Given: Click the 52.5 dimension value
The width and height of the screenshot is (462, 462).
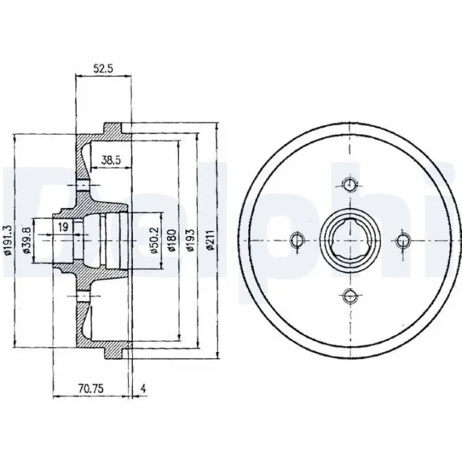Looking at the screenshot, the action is [x=103, y=69].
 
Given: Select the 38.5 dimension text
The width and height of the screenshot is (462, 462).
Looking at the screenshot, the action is [x=111, y=160].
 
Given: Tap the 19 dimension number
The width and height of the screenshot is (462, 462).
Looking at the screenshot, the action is [x=63, y=227].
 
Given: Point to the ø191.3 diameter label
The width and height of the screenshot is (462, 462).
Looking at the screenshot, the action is [x=7, y=240].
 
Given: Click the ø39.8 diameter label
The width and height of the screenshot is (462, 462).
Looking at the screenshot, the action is [x=26, y=240].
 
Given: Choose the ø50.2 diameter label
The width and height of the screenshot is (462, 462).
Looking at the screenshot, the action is [x=154, y=241].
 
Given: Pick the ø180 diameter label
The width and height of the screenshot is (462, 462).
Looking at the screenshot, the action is [x=172, y=241].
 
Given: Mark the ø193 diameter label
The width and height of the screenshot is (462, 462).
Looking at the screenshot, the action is [x=191, y=240].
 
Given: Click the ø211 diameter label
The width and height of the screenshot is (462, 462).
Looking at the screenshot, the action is [x=210, y=240].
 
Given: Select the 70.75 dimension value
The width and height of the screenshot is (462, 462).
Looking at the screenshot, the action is [x=91, y=389].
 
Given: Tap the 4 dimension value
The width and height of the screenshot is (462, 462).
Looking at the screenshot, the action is [x=143, y=389].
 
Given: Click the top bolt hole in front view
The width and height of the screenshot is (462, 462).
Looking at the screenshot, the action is [x=350, y=184].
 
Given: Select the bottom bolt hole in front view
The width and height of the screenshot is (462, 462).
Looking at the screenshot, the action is [x=350, y=296].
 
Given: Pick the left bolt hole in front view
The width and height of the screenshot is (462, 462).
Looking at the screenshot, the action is [x=297, y=240].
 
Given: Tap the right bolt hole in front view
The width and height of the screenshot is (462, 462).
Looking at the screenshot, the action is [x=403, y=240].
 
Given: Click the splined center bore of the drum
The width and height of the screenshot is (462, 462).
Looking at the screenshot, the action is [x=350, y=240].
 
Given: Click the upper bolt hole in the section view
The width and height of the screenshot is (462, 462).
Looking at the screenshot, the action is [x=83, y=185].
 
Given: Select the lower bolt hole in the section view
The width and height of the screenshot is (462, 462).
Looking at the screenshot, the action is [x=83, y=296].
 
